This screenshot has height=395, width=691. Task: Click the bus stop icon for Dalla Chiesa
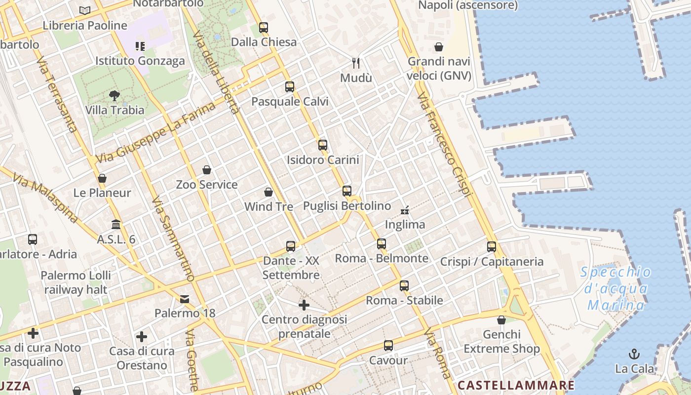click(x=264, y=28)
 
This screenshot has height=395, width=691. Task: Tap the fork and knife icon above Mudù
click(x=356, y=63)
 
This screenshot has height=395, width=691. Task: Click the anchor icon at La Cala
click(x=634, y=354)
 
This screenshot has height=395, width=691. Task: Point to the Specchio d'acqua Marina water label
click(x=615, y=289)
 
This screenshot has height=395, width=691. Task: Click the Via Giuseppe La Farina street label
click(x=156, y=132)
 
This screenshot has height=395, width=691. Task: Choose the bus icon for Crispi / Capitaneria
click(x=492, y=247)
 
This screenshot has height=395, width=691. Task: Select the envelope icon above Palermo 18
click(x=185, y=299)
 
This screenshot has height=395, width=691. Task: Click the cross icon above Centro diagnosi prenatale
click(x=304, y=306)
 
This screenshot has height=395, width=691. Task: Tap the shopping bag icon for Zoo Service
click(x=207, y=170)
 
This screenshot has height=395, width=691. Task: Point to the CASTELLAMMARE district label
click(x=516, y=385)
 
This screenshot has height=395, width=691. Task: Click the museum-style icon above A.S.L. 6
click(x=116, y=225)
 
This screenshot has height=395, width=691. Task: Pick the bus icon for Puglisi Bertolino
click(x=347, y=191)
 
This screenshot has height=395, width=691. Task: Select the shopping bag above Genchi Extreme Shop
click(x=501, y=320)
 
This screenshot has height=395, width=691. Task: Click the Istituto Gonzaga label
click(x=140, y=61)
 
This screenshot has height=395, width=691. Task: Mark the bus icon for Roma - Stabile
click(x=404, y=285)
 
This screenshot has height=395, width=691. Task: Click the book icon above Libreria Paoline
click(x=85, y=10)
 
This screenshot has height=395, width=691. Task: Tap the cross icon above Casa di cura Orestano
click(x=142, y=337)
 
